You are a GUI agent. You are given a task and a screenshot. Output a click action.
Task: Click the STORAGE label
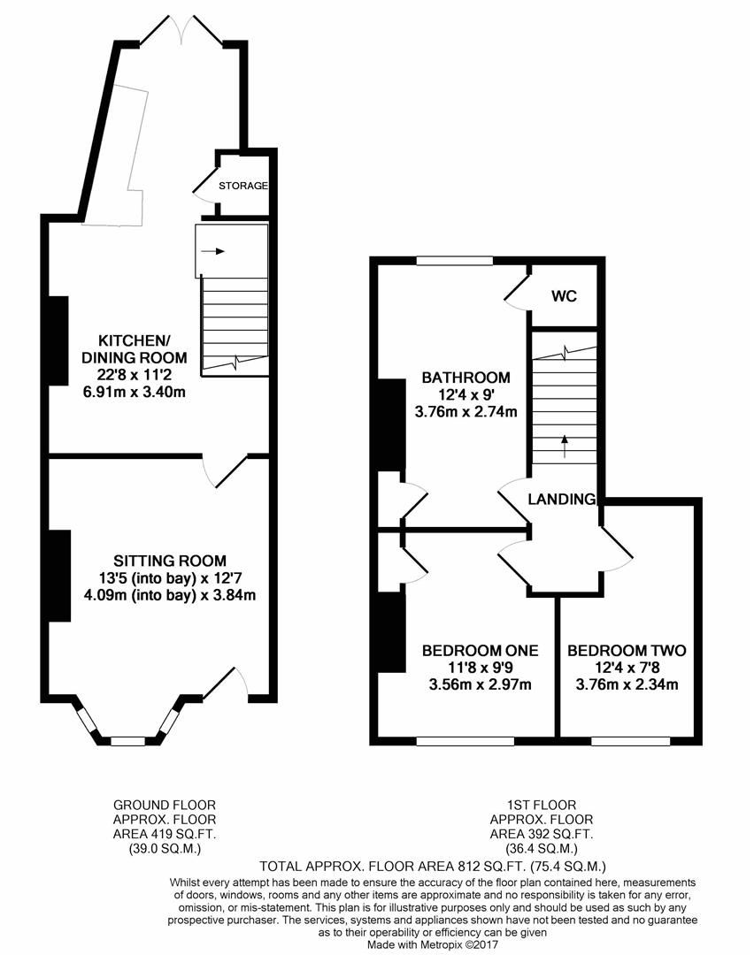[x=244, y=186]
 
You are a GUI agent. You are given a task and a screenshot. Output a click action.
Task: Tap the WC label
[x=564, y=296]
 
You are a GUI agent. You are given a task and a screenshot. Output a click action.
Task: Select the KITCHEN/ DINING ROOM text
[x=142, y=349]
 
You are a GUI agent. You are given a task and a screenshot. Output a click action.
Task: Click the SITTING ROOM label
[x=169, y=561]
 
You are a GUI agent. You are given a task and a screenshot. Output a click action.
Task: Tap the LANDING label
[x=562, y=500]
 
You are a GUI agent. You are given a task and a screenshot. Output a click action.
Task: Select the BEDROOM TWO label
[x=627, y=651]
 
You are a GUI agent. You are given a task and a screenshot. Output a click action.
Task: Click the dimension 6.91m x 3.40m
[x=147, y=391]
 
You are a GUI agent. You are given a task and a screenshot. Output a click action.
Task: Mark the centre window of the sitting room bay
[x=128, y=741]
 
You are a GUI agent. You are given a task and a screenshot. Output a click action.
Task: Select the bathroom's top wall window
[x=455, y=261]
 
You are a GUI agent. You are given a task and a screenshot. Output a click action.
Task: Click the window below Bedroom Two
[x=630, y=741]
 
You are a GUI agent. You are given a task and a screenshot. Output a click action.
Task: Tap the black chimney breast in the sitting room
[x=59, y=576]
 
